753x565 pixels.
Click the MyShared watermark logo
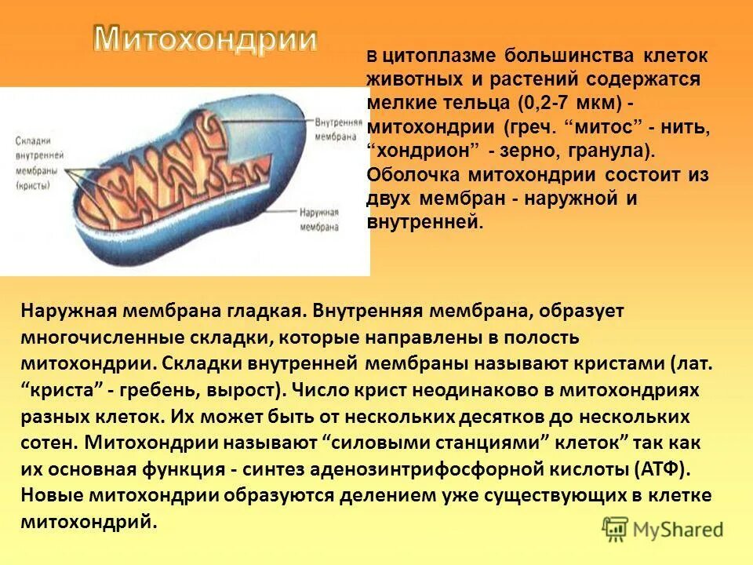pyautogui.click(x=663, y=528)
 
